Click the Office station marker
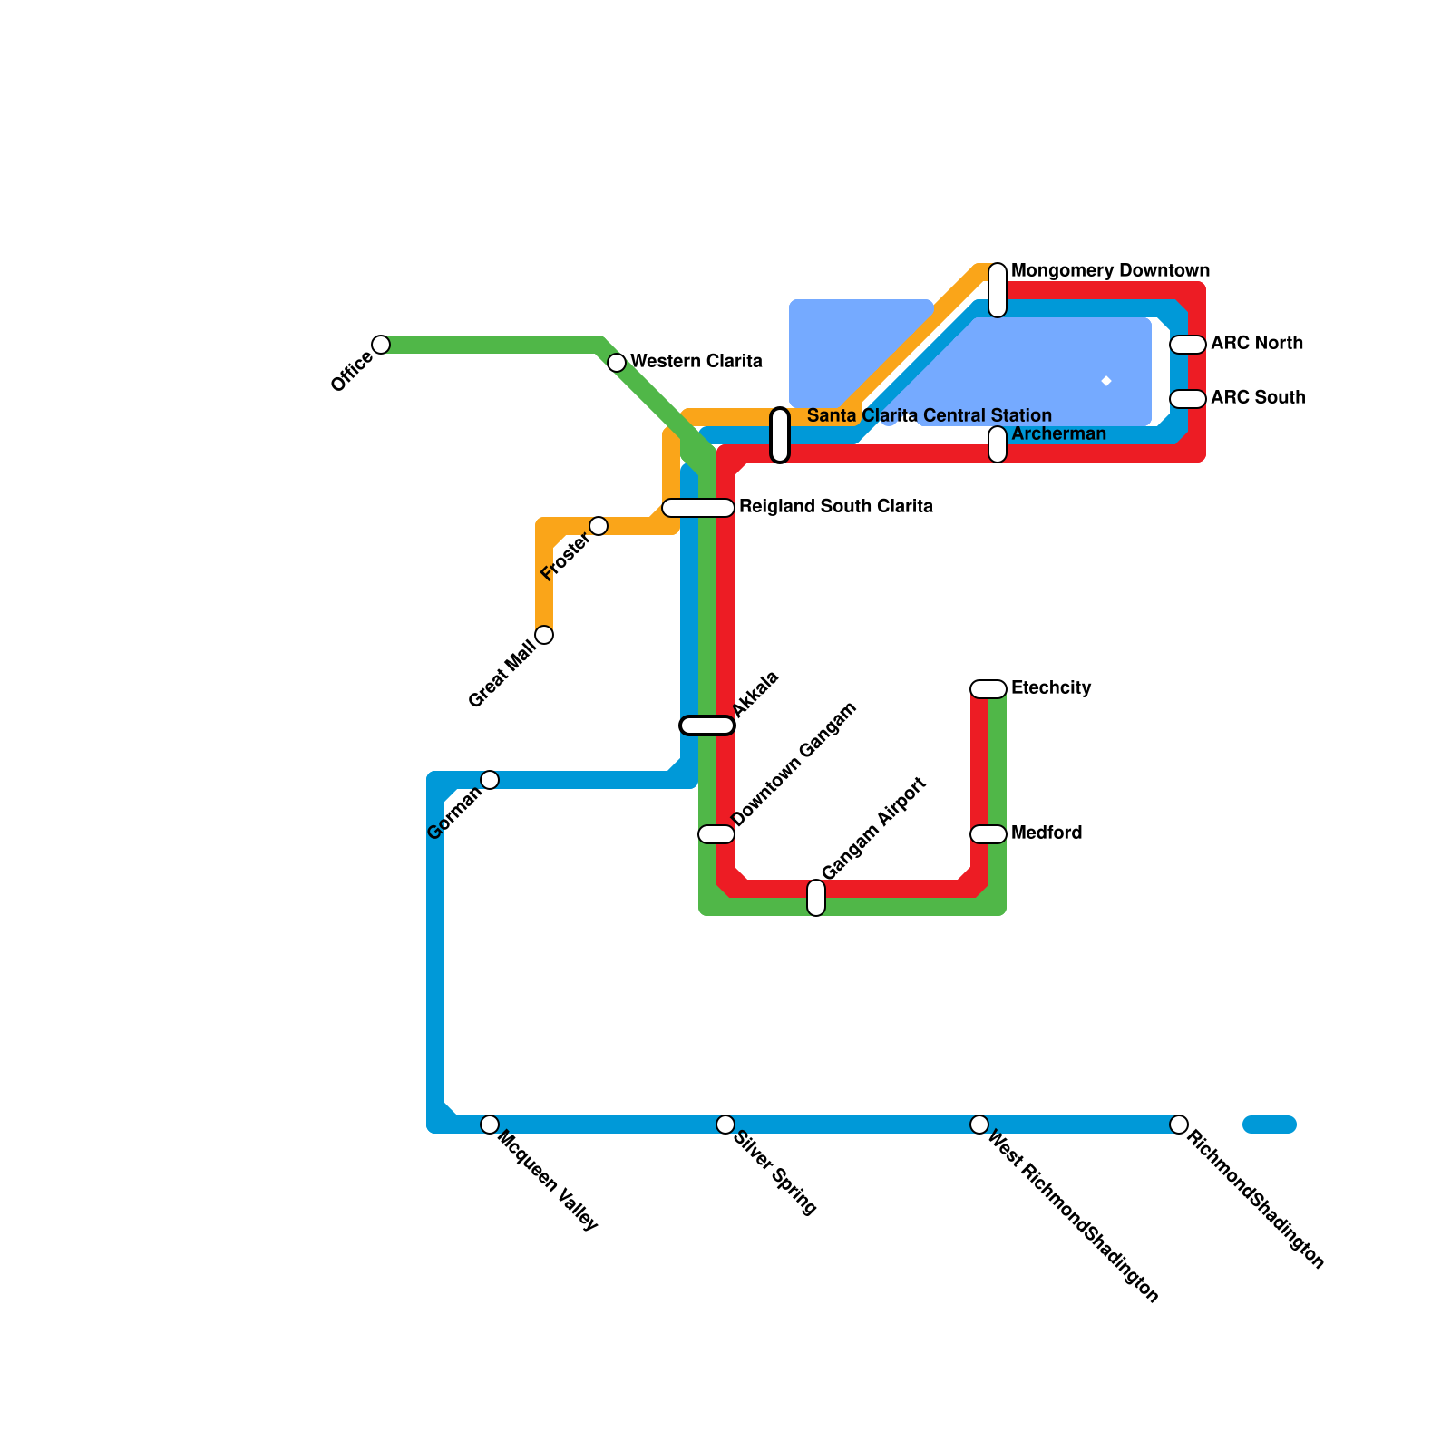pyautogui.click(x=381, y=345)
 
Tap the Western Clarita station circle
pyautogui.click(x=617, y=363)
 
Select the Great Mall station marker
pyautogui.click(x=544, y=635)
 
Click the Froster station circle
pyautogui.click(x=599, y=526)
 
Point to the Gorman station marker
pyautogui.click(x=490, y=780)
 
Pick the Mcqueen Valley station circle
pyautogui.click(x=490, y=1125)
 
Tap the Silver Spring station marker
pyautogui.click(x=725, y=1125)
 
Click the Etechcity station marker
pyautogui.click(x=988, y=689)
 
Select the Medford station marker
pyautogui.click(x=988, y=834)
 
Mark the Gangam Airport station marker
pyautogui.click(x=816, y=898)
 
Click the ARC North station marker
pyautogui.click(x=1188, y=345)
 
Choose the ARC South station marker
pyautogui.click(x=1188, y=399)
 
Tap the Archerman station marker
pyautogui.click(x=998, y=444)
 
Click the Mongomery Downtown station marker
pyautogui.click(x=998, y=290)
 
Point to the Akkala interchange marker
pyautogui.click(x=707, y=725)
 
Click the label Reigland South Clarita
pyautogui.click(x=835, y=506)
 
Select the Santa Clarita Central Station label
pyautogui.click(x=929, y=415)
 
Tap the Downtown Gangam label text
pyautogui.click(x=794, y=764)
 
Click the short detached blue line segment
pyautogui.click(x=1270, y=1125)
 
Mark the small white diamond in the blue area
pyautogui.click(x=1106, y=381)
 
